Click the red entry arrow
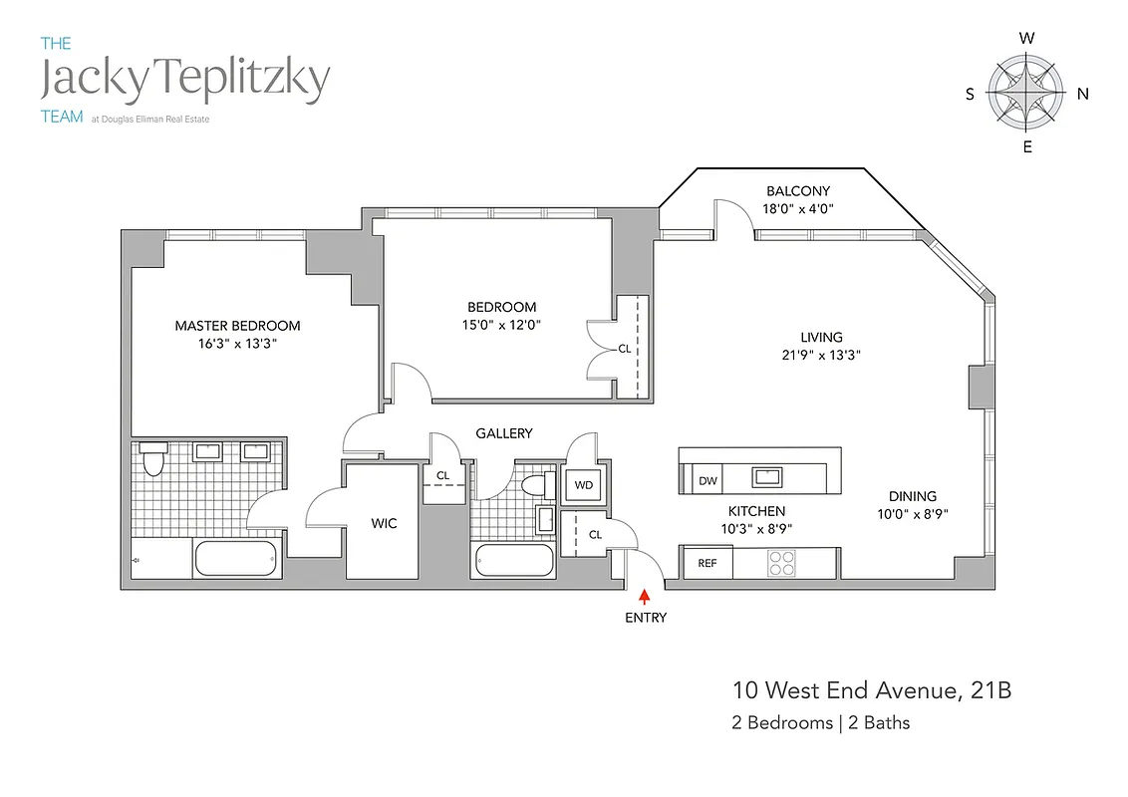[x=644, y=597]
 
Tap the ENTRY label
[x=645, y=618]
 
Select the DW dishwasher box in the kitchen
[x=707, y=481]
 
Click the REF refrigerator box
[x=706, y=563]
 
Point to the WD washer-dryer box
[x=584, y=485]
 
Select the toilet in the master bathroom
[x=152, y=461]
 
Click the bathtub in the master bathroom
[x=234, y=560]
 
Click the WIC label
[x=384, y=523]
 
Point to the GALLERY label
[x=503, y=433]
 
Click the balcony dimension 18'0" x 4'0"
[x=797, y=209]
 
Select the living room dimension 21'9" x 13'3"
[x=821, y=355]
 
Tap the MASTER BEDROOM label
[x=237, y=326]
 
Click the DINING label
[x=912, y=496]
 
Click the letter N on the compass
[x=1082, y=94]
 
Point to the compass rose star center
[x=1025, y=93]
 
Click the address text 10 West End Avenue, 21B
[x=872, y=690]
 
